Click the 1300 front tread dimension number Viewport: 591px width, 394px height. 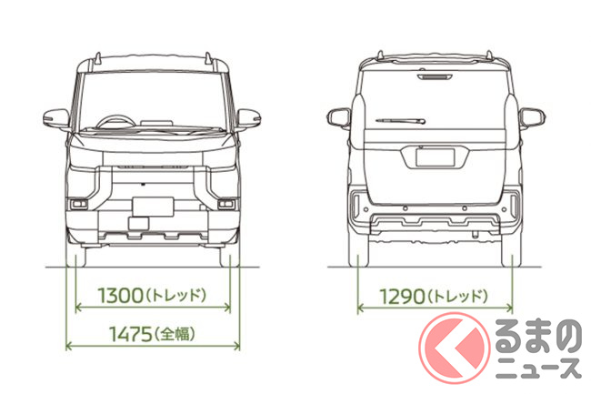tap(121, 295)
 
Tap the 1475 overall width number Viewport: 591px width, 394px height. tap(131, 334)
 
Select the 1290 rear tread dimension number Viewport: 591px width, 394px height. tap(402, 297)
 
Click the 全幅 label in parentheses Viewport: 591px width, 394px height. tap(175, 334)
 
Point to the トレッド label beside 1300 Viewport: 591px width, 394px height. tap(175, 295)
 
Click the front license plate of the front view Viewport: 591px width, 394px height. tap(153, 207)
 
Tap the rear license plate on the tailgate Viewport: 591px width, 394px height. tap(435, 157)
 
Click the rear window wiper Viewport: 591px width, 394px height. tap(400, 121)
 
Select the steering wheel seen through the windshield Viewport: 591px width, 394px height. tap(116, 122)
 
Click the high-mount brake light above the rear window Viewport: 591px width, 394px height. tap(435, 77)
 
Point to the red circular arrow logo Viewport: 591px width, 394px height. tap(455, 348)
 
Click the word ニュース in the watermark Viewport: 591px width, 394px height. tap(538, 369)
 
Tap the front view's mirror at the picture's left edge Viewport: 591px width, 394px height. tap(56, 118)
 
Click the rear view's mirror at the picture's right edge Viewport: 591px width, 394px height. tap(532, 118)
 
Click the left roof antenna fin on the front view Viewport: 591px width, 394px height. tap(98, 58)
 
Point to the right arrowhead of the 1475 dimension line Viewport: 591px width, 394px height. tap(236, 346)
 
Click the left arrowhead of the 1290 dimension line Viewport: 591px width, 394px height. tap(360, 308)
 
